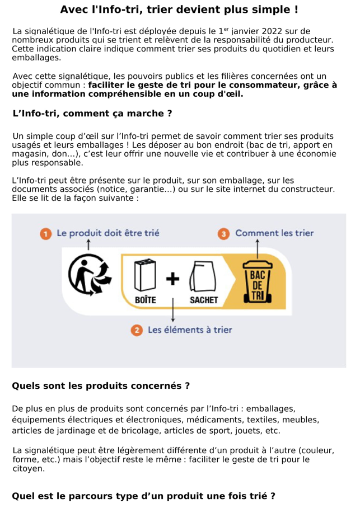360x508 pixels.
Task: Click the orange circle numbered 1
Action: tap(45, 234)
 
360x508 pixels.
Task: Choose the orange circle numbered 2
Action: tap(137, 330)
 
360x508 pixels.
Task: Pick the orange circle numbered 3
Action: tap(224, 234)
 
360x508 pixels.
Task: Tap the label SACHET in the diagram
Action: tap(203, 300)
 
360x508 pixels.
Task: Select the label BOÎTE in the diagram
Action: tap(146, 300)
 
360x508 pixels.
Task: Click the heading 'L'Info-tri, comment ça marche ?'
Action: tap(92, 114)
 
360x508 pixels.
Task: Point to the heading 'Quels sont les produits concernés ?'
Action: tap(101, 386)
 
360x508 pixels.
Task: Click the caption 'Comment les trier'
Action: tap(274, 233)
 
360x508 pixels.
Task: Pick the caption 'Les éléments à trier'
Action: tap(190, 330)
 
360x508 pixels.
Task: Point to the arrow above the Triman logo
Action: tap(88, 245)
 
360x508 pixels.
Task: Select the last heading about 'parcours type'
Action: tap(143, 496)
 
